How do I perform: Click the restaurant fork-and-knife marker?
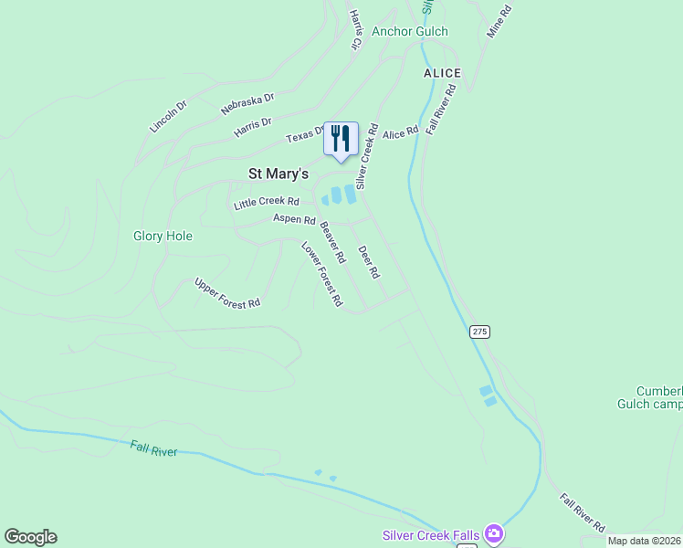341,139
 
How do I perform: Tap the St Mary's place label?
278,174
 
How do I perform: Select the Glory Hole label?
163,236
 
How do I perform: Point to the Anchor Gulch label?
409,31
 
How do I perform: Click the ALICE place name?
442,73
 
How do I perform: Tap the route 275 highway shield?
480,332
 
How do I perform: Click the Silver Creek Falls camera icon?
494,532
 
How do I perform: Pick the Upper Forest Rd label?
227,293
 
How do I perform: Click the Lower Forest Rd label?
322,273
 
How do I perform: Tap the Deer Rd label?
369,262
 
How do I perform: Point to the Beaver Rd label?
332,243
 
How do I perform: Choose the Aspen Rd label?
294,220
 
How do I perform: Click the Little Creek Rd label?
267,203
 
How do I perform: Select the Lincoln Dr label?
168,116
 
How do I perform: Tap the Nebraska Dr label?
247,103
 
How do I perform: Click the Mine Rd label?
500,20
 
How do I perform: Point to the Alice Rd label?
400,132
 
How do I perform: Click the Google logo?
30,537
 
